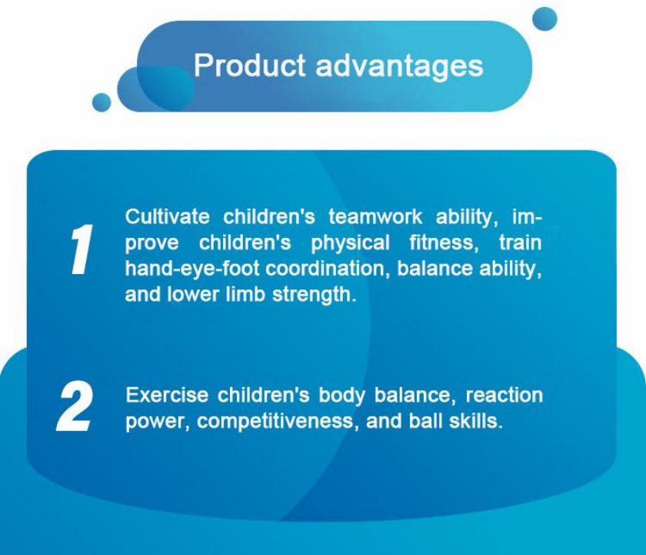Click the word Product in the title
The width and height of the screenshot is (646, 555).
[x=250, y=65]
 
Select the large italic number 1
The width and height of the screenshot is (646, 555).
[x=81, y=249]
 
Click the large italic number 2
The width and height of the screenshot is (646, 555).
[x=74, y=406]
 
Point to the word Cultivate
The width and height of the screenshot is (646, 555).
[x=168, y=217]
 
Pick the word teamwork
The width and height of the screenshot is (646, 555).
[x=375, y=217]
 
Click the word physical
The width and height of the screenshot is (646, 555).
[x=350, y=244]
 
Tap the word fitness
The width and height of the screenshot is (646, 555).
[x=444, y=243]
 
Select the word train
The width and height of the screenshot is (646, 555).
[x=521, y=243]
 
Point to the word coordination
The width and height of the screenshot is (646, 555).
[x=327, y=269]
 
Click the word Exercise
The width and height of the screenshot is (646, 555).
[x=167, y=395]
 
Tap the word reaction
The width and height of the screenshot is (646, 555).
[x=504, y=396]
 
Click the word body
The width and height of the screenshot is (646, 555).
[x=342, y=396]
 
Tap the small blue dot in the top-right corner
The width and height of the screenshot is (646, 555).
[x=544, y=19]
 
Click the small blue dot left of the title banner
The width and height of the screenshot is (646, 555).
[x=102, y=102]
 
